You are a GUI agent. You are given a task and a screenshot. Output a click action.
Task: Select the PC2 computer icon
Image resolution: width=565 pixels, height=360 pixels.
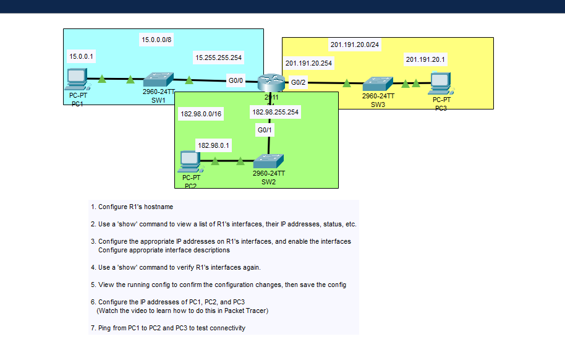tap(189, 161)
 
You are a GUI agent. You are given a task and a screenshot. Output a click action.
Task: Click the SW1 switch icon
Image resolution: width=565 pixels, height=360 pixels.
tap(158, 80)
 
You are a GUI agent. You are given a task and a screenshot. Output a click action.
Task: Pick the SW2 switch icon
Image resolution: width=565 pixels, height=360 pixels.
tap(269, 161)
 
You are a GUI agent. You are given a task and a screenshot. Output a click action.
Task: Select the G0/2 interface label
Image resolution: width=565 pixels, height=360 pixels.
tap(299, 82)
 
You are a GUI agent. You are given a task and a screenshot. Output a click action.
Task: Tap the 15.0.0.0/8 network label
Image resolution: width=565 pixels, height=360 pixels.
tap(157, 40)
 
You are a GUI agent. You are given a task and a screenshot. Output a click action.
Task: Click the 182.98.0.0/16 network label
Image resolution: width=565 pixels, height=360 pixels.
tap(200, 114)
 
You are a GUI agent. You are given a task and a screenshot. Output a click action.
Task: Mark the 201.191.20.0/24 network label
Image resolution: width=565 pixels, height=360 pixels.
tap(355, 45)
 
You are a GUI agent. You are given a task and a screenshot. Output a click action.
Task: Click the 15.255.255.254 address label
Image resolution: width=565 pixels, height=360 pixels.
tap(218, 58)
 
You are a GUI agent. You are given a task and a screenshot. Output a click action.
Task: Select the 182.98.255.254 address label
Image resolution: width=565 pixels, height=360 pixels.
tap(275, 113)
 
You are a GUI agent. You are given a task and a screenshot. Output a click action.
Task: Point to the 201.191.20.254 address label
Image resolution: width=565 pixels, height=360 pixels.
tap(308, 63)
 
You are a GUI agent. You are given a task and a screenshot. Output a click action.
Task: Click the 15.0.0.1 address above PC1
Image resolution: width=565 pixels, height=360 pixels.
tap(81, 56)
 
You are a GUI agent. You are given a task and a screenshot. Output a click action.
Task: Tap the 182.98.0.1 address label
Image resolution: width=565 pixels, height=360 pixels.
tap(213, 145)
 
